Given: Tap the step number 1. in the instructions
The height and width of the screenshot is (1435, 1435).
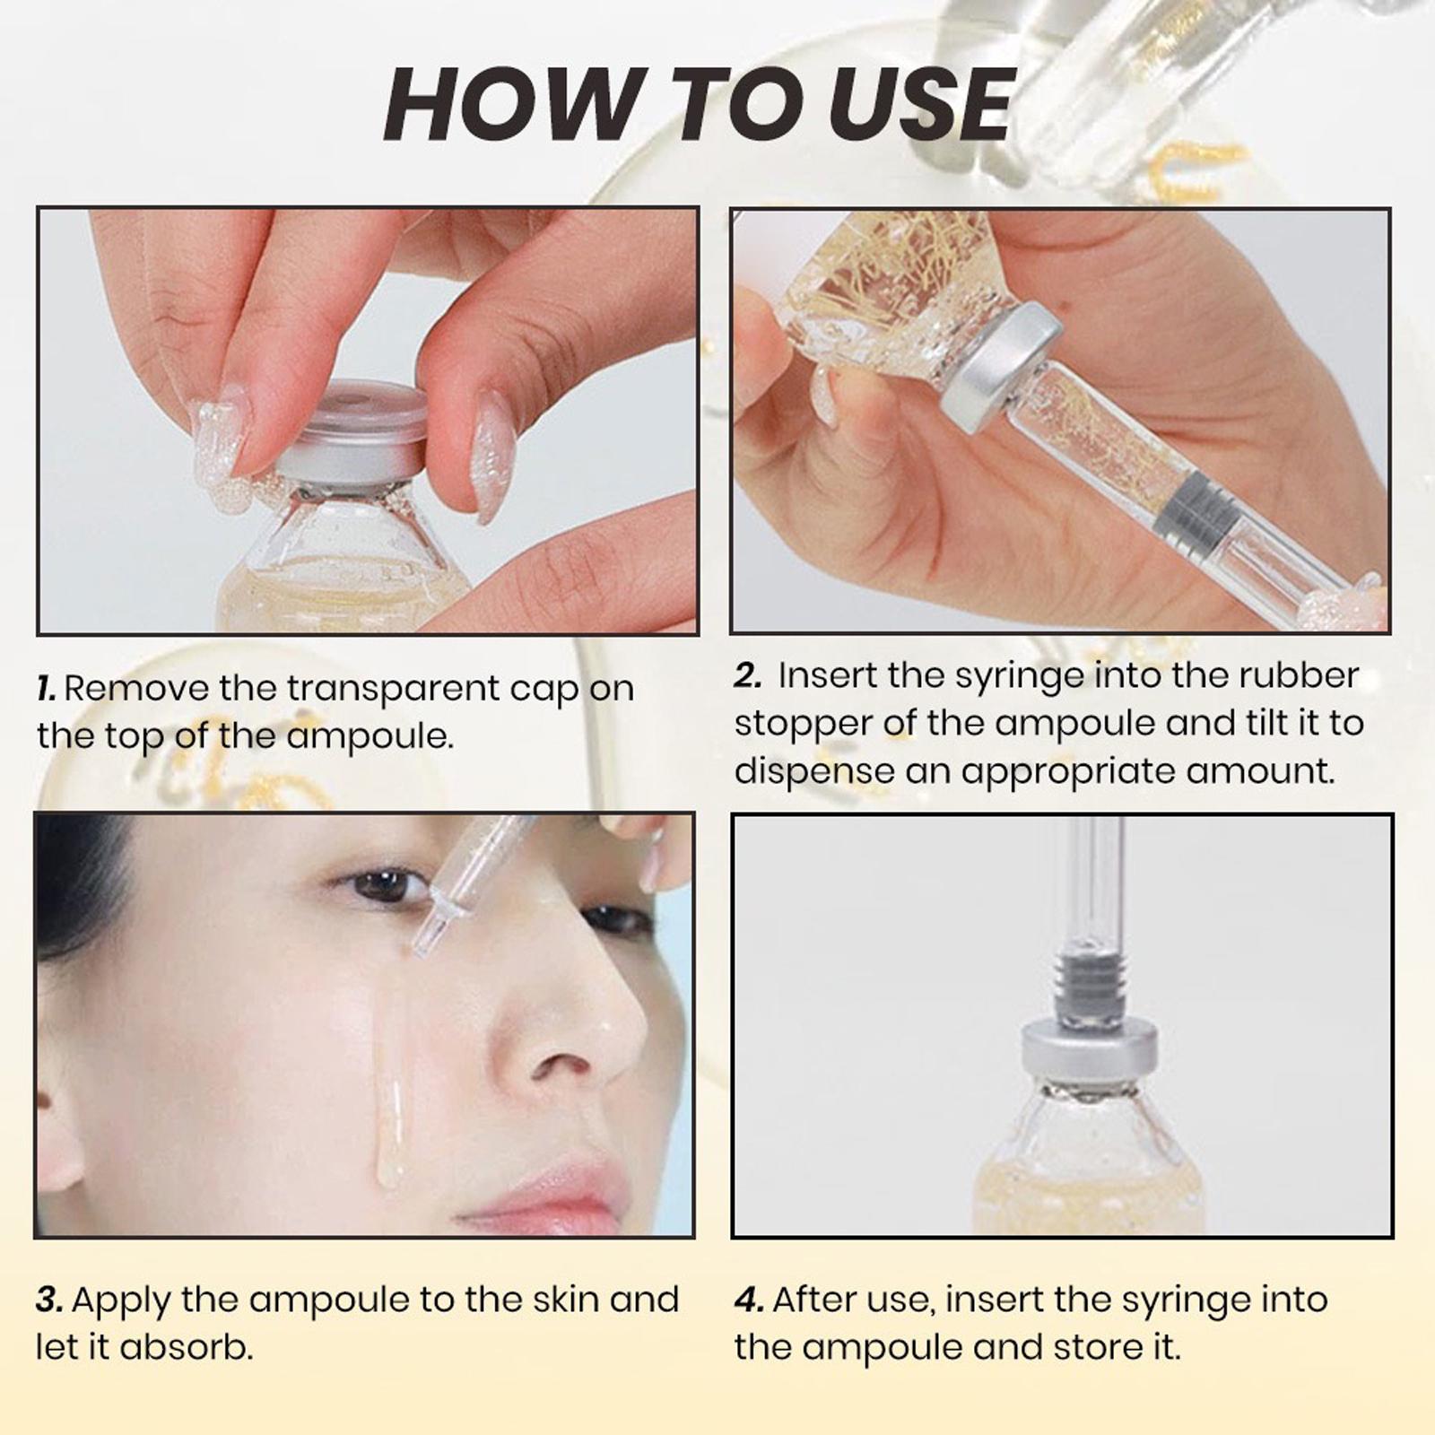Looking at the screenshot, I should coord(47,689).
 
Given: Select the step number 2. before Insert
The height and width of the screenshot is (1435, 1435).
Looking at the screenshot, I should coord(747,676).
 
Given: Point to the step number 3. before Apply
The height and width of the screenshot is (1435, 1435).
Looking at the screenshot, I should coord(49,1300).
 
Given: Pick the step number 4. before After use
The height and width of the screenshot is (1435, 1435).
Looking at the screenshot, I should coord(749,1300).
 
